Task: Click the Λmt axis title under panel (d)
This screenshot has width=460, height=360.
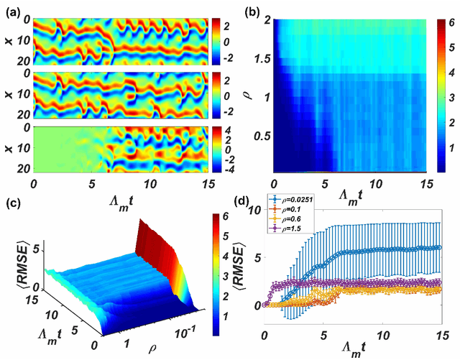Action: click(x=356, y=349)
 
